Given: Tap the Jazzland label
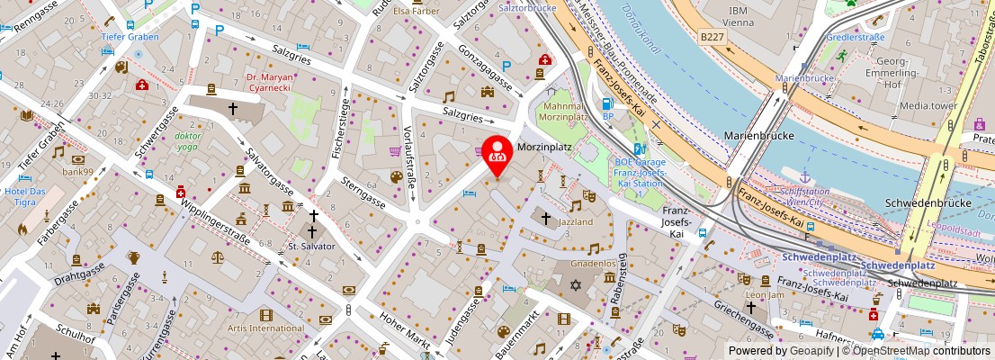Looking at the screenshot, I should click(x=575, y=221).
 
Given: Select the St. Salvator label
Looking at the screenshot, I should click(x=311, y=246).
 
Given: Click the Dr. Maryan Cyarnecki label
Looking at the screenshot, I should click(x=270, y=84).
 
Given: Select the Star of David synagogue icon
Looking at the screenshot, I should click(x=578, y=284).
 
